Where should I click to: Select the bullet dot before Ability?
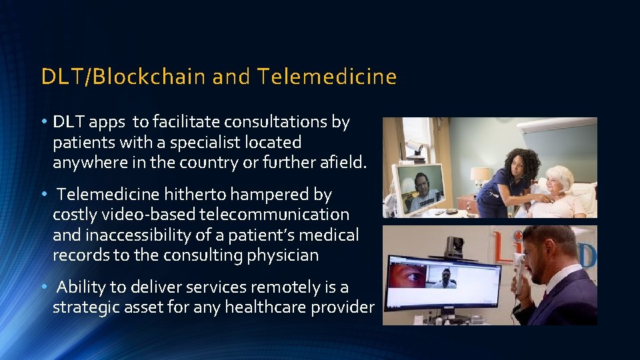pos(43,288)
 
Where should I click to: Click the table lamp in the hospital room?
pos(480,177)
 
